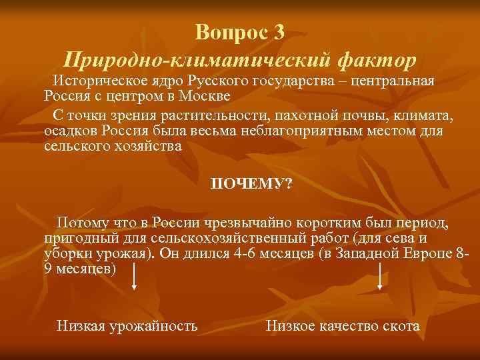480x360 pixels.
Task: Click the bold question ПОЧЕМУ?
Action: (251, 183)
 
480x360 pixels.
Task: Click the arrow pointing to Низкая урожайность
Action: (135, 277)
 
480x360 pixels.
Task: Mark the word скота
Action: (401, 326)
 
